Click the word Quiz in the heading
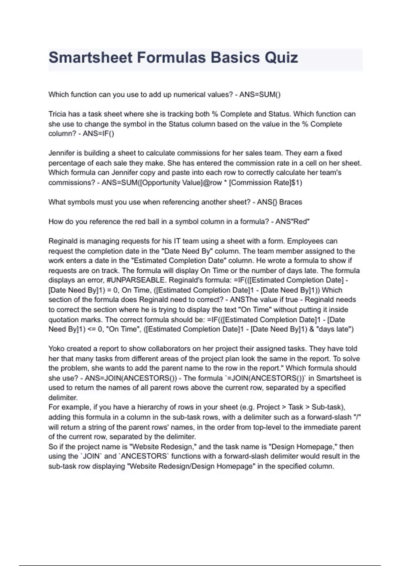point(281,58)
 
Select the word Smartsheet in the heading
point(91,58)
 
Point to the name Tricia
point(57,114)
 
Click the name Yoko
point(57,349)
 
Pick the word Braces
point(291,202)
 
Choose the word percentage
point(66,163)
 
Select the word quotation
point(64,320)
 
